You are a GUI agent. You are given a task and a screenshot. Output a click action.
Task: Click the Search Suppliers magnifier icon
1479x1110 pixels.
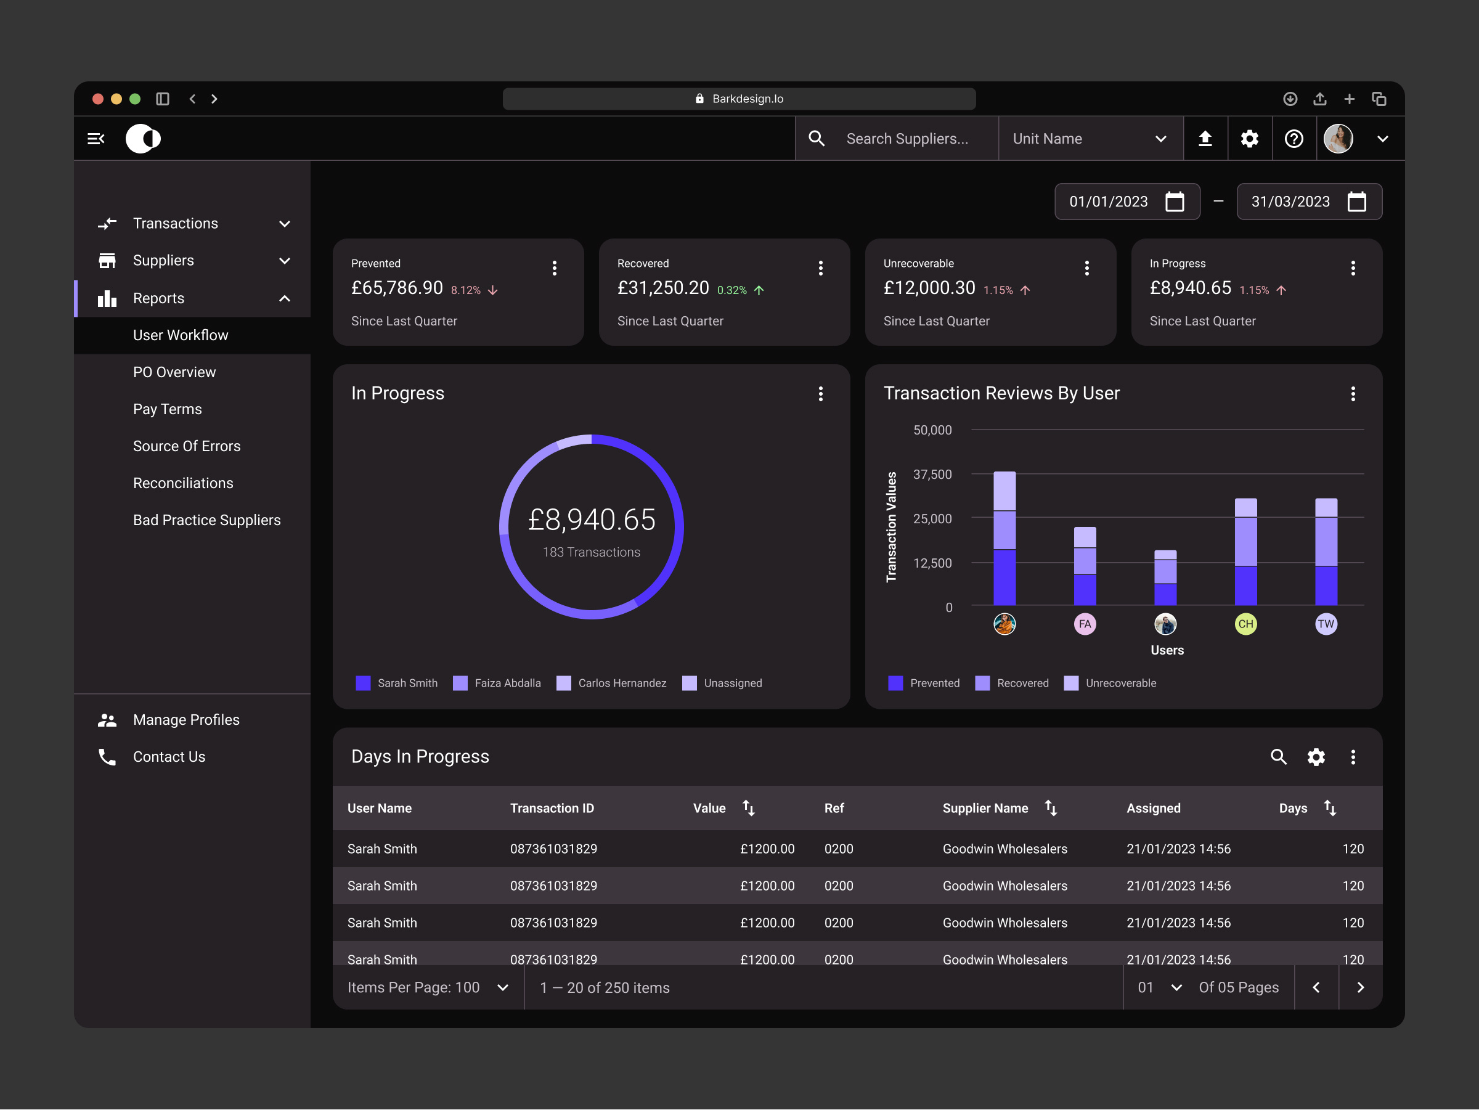pyautogui.click(x=817, y=139)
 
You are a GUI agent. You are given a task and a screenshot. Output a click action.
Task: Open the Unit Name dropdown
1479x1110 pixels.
pyautogui.click(x=1090, y=139)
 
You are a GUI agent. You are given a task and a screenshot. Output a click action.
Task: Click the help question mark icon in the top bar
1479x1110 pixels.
pyautogui.click(x=1294, y=139)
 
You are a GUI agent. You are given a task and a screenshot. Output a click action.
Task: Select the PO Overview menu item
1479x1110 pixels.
pyautogui.click(x=174, y=372)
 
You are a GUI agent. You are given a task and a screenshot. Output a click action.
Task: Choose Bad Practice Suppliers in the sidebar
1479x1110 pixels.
pyautogui.click(x=206, y=520)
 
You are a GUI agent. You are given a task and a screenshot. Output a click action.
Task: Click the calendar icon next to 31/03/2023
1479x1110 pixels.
pyautogui.click(x=1356, y=202)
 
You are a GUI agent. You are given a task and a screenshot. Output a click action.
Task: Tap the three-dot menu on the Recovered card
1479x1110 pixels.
pyautogui.click(x=820, y=268)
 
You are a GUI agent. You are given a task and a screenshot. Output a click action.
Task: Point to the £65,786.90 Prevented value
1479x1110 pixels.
pyautogui.click(x=396, y=288)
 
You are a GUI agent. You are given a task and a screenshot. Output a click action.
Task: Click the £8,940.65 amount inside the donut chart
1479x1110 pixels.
pyautogui.click(x=591, y=520)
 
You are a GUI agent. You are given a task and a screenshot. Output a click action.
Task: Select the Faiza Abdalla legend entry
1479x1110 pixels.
pyautogui.click(x=497, y=683)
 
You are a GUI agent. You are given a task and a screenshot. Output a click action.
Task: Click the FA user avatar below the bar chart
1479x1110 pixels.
pyautogui.click(x=1085, y=624)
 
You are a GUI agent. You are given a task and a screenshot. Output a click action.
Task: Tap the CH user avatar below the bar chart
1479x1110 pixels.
pyautogui.click(x=1245, y=624)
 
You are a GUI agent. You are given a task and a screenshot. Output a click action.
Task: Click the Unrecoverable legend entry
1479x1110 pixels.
pyautogui.click(x=1110, y=683)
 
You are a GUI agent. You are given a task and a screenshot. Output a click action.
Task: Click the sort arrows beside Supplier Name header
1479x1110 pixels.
pyautogui.click(x=1051, y=808)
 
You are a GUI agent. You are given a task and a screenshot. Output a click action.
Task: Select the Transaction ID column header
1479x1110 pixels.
pyautogui.click(x=552, y=808)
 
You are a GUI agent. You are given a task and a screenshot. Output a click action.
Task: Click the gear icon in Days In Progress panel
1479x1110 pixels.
pyautogui.click(x=1316, y=757)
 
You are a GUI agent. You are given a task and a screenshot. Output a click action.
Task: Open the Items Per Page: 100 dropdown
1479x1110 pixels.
pyautogui.click(x=428, y=987)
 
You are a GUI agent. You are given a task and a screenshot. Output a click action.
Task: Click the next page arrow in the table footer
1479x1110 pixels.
pyautogui.click(x=1360, y=987)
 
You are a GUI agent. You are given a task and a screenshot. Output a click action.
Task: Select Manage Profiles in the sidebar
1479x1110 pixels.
pyautogui.click(x=186, y=719)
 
